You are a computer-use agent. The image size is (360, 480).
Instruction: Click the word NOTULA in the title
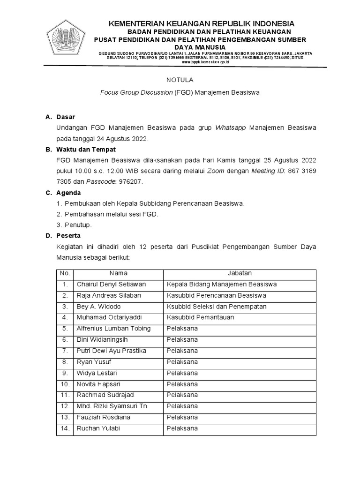point(180,80)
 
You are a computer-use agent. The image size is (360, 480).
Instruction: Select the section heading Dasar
point(66,117)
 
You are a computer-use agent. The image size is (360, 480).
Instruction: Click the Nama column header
point(118,273)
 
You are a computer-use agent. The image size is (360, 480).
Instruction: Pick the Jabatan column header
point(240,273)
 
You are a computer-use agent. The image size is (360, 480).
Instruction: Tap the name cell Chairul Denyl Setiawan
point(111,285)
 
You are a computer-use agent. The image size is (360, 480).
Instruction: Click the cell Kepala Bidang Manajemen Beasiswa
point(222,285)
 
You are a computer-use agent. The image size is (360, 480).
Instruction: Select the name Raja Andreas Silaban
point(108,296)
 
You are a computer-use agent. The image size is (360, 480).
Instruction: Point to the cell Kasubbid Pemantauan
point(200,318)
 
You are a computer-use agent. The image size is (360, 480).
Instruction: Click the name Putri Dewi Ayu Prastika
point(111,351)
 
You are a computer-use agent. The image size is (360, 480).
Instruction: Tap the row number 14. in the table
point(65,428)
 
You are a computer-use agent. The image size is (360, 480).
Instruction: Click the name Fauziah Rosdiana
point(103,418)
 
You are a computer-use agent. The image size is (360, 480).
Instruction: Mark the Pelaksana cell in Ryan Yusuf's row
point(182,362)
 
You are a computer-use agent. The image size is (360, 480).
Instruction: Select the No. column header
point(65,273)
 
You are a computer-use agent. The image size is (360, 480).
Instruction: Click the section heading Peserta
point(68,236)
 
